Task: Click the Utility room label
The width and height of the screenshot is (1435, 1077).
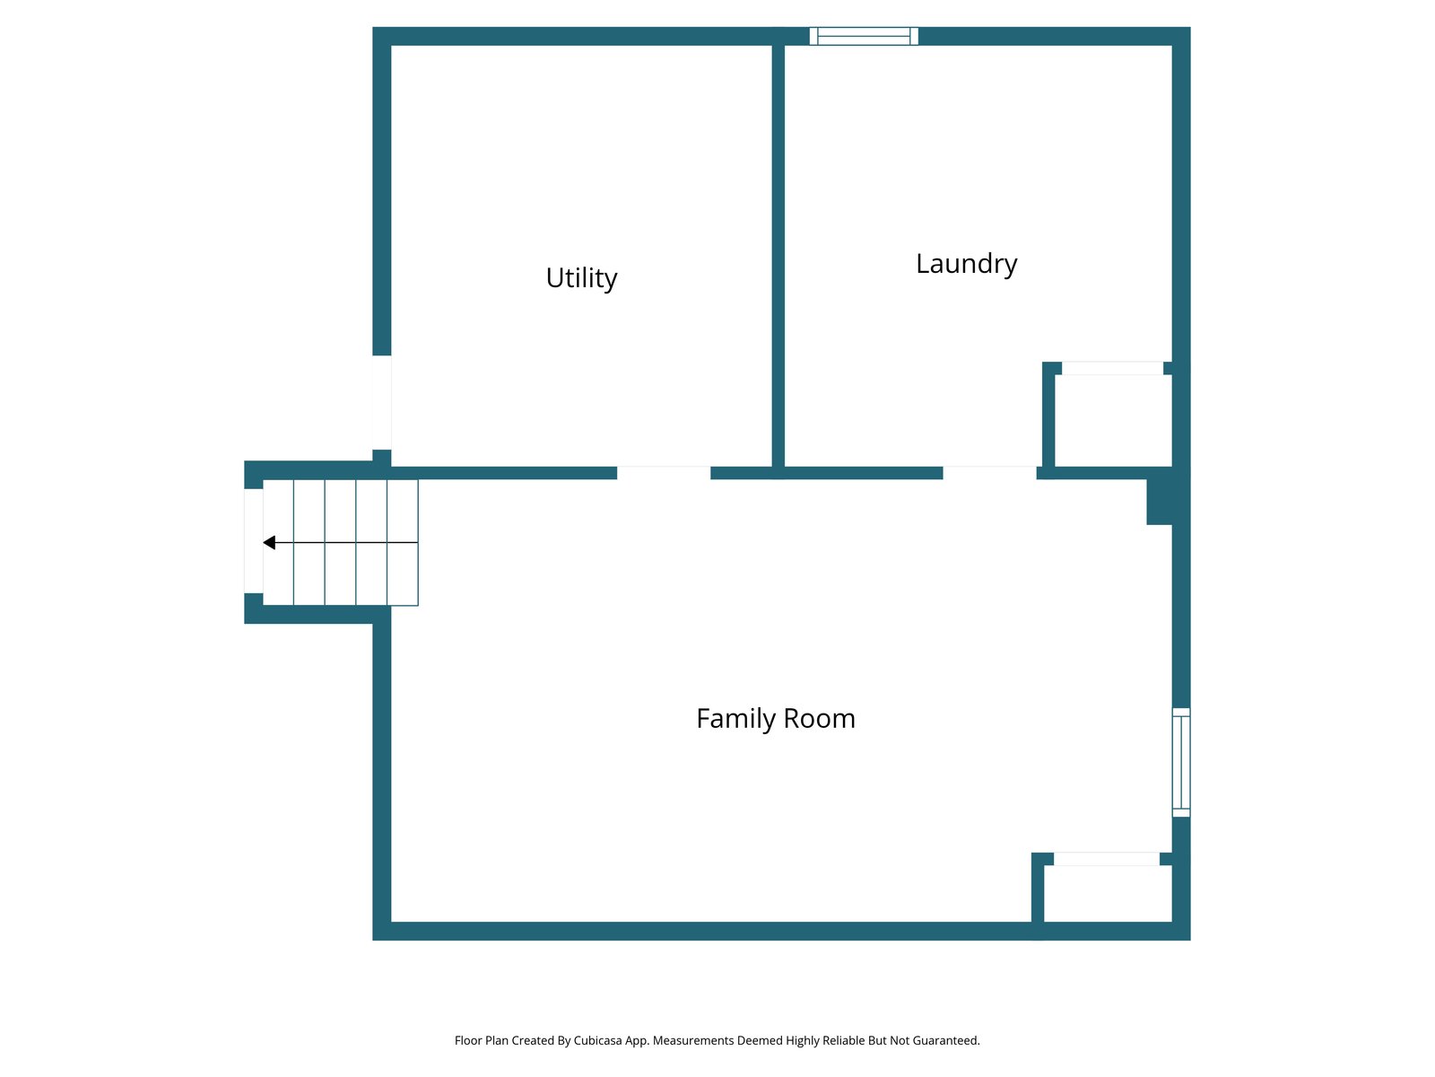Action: click(x=581, y=278)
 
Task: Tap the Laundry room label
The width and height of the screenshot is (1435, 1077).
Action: click(x=966, y=264)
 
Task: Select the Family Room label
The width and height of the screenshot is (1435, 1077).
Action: click(x=776, y=719)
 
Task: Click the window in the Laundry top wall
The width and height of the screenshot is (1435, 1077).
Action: click(x=864, y=36)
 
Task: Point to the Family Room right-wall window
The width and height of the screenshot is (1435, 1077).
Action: click(x=1180, y=763)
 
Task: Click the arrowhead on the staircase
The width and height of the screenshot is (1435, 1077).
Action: click(x=269, y=543)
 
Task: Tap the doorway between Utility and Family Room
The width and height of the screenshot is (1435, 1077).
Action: click(x=664, y=473)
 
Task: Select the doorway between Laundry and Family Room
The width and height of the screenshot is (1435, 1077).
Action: click(x=989, y=473)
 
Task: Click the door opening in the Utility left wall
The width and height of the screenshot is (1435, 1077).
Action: click(x=382, y=402)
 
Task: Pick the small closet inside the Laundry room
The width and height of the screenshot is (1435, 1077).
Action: click(x=1113, y=420)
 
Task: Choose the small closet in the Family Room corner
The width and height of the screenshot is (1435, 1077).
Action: click(x=1108, y=893)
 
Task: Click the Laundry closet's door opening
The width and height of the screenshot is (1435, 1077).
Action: click(x=1112, y=368)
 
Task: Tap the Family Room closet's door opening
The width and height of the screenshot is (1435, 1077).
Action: click(x=1106, y=859)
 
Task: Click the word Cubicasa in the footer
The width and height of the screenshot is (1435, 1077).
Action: click(x=597, y=1040)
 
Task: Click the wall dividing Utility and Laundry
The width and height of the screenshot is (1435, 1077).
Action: click(x=778, y=256)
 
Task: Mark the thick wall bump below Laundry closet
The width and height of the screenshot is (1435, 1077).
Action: click(x=1159, y=502)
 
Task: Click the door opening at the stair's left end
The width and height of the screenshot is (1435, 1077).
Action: click(x=254, y=541)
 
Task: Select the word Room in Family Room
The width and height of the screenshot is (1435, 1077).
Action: click(x=819, y=719)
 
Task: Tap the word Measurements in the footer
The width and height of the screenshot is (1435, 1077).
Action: click(x=693, y=1040)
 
